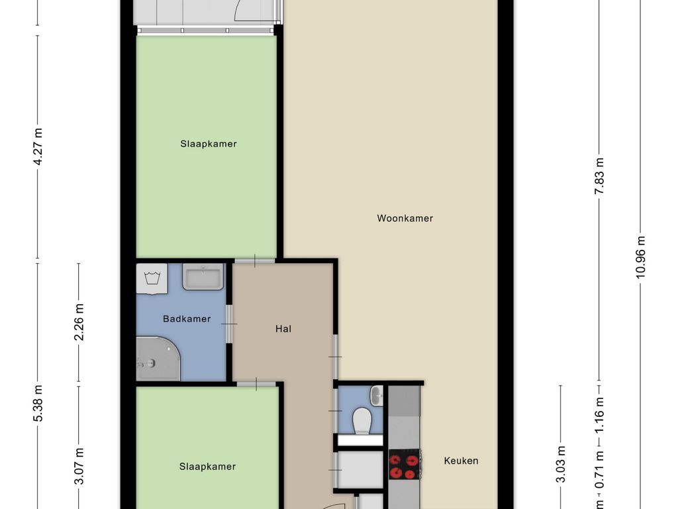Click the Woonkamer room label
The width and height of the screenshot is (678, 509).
pos(405,218)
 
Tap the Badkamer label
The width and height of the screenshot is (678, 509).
pos(187,319)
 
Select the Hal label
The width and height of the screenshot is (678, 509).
pos(283,329)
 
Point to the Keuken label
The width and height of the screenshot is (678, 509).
pos(461,461)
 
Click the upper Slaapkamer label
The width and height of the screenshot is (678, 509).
pos(209,144)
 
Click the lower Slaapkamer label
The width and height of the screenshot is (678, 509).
pos(207,467)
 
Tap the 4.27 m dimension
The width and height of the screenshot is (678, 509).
pos(38,146)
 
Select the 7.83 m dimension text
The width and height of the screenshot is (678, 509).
pos(599,176)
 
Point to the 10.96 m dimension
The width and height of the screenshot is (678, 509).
pos(640,257)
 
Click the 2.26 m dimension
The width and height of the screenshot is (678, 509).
pos(79,322)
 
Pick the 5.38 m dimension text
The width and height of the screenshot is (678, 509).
pos(38,403)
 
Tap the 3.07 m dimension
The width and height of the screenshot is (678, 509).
pos(79,467)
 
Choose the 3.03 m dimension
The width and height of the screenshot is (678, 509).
pos(560,465)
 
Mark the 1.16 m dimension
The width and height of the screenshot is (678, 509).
pos(599,416)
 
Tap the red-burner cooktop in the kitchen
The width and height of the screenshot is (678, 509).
pos(405,465)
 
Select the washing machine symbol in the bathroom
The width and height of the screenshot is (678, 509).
pos(152,279)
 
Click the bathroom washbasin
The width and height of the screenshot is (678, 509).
pos(203,277)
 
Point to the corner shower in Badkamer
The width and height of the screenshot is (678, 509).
pos(158,359)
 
